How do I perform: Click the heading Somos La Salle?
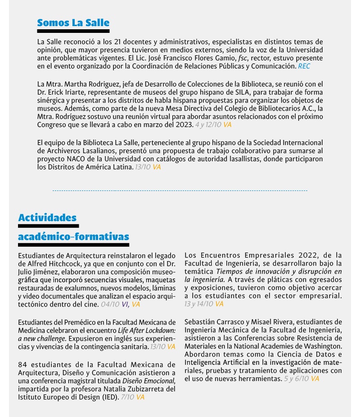(x=73, y=23)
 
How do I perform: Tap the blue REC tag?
(x=304, y=66)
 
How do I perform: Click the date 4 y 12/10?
(x=208, y=124)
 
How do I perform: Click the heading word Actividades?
(x=47, y=218)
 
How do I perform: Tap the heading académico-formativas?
(x=73, y=236)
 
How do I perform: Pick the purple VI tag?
(x=125, y=305)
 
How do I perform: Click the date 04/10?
(x=110, y=305)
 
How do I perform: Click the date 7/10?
(x=127, y=397)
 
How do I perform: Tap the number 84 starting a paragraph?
(x=23, y=365)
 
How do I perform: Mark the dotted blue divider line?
(x=180, y=191)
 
